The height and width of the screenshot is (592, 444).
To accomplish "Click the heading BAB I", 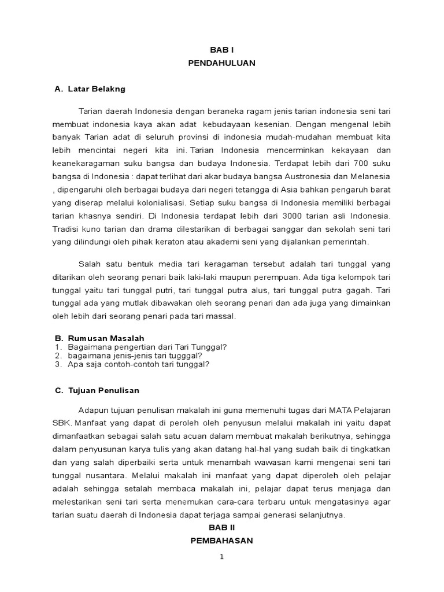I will pos(221,50).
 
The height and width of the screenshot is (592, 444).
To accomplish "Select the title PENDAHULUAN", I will pos(221,63).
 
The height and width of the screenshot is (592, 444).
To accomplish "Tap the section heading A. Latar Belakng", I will pos(90,89).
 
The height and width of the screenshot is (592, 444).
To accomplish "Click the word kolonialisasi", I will pos(160,203).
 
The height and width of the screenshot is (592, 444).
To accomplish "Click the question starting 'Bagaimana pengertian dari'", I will pos(147,347).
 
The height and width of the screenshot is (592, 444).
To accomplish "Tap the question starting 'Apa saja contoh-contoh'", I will pos(138,364).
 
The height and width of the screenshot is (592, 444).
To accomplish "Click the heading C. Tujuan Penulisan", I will pos(97,390).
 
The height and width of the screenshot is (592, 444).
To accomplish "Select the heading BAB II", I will pos(221,528).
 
